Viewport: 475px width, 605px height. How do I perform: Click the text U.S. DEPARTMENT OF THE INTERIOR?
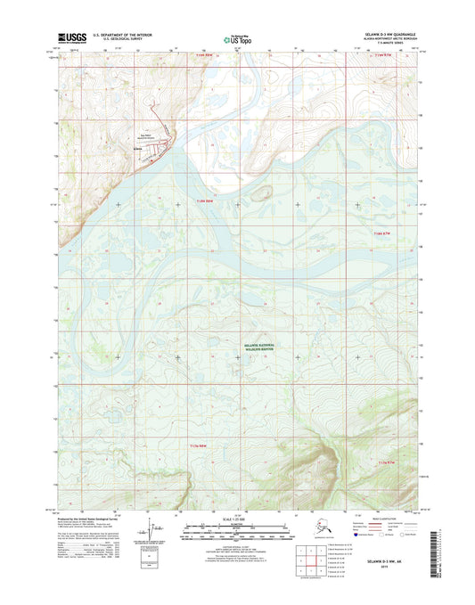click(x=116, y=35)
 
